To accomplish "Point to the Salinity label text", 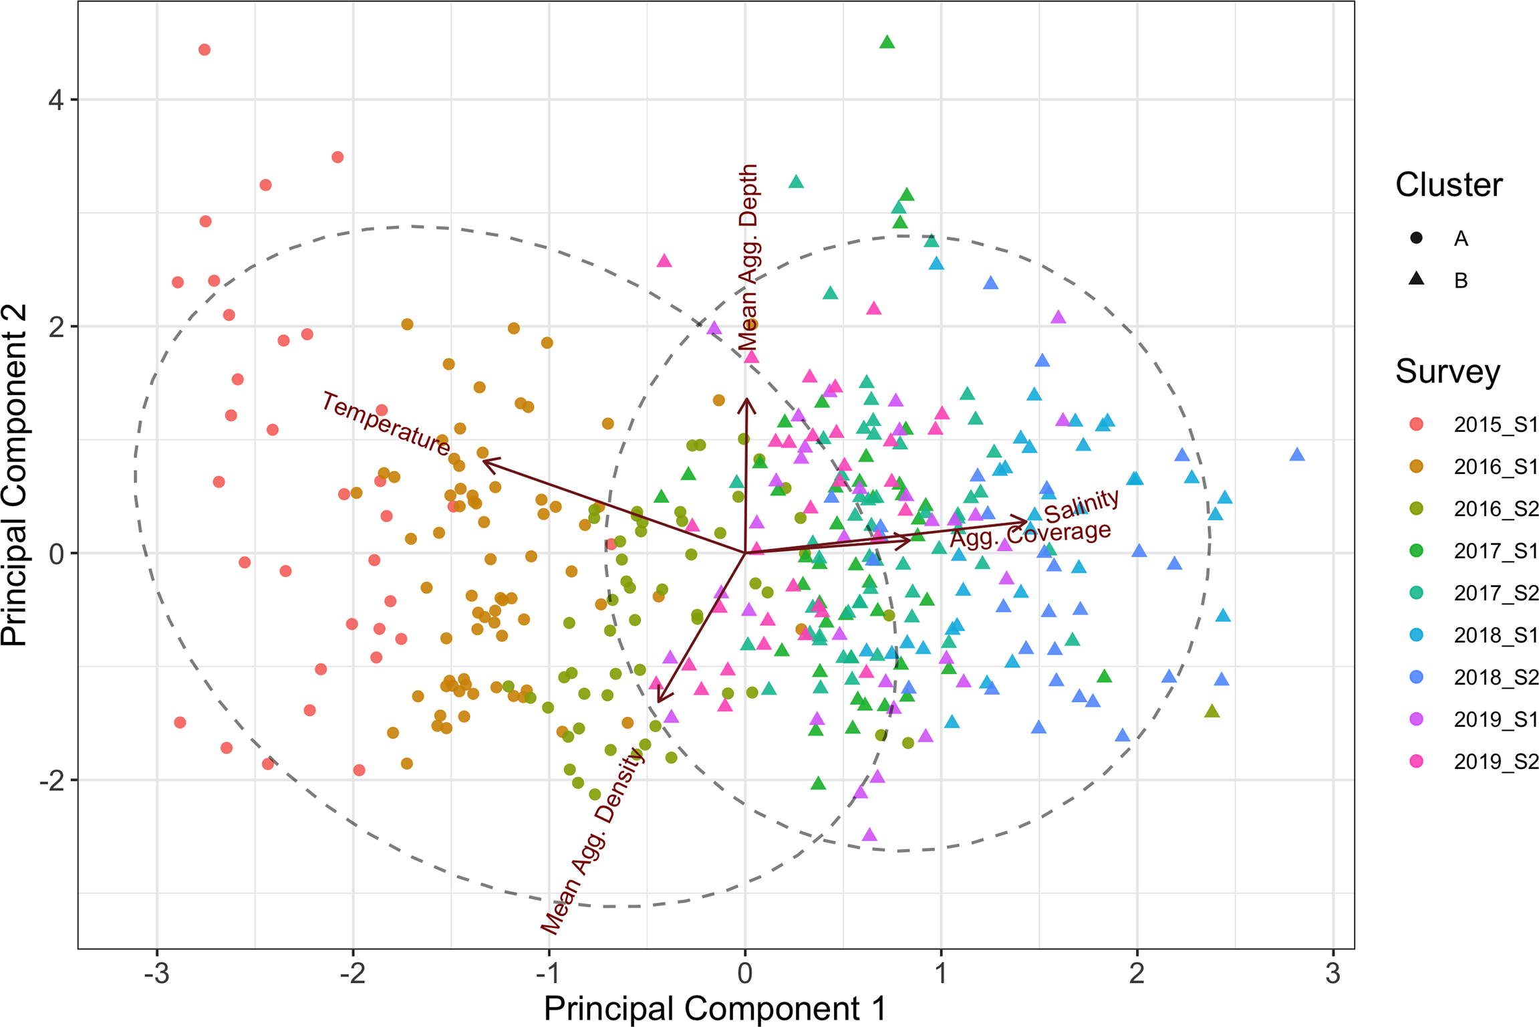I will pos(1081,506).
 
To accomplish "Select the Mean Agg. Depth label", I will pos(748,257).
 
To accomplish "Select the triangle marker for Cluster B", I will pos(1416,279).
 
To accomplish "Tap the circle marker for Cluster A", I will pos(1416,238).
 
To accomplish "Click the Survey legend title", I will pos(1447,371).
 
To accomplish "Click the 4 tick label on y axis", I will pos(56,100).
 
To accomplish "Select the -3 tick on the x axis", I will pos(156,974).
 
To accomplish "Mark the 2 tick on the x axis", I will pos(1137,974).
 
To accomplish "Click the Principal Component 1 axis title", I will pos(714,1009).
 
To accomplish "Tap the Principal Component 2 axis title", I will pos(15,475).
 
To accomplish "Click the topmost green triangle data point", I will pos(887,43).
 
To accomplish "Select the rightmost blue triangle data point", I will pos(1297,455).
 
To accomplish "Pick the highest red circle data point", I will pos(204,50).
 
